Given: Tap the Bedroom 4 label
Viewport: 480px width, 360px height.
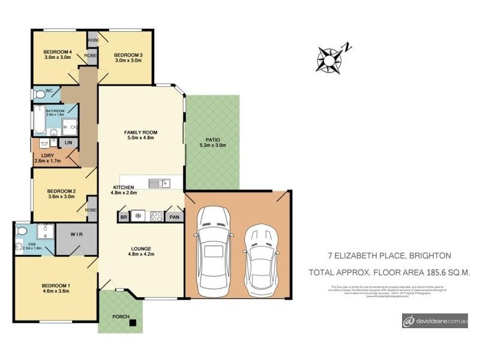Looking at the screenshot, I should click(58, 52).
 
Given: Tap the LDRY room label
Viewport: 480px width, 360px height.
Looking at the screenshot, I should click(43, 155).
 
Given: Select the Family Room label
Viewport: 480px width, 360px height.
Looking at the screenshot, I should click(140, 132).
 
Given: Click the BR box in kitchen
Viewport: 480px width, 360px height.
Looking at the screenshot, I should click(124, 217).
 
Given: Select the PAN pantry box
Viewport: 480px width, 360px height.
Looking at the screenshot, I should click(174, 217).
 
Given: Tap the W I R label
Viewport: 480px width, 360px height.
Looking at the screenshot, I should click(77, 235).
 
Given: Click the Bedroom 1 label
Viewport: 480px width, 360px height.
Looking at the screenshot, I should click(55, 285).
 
